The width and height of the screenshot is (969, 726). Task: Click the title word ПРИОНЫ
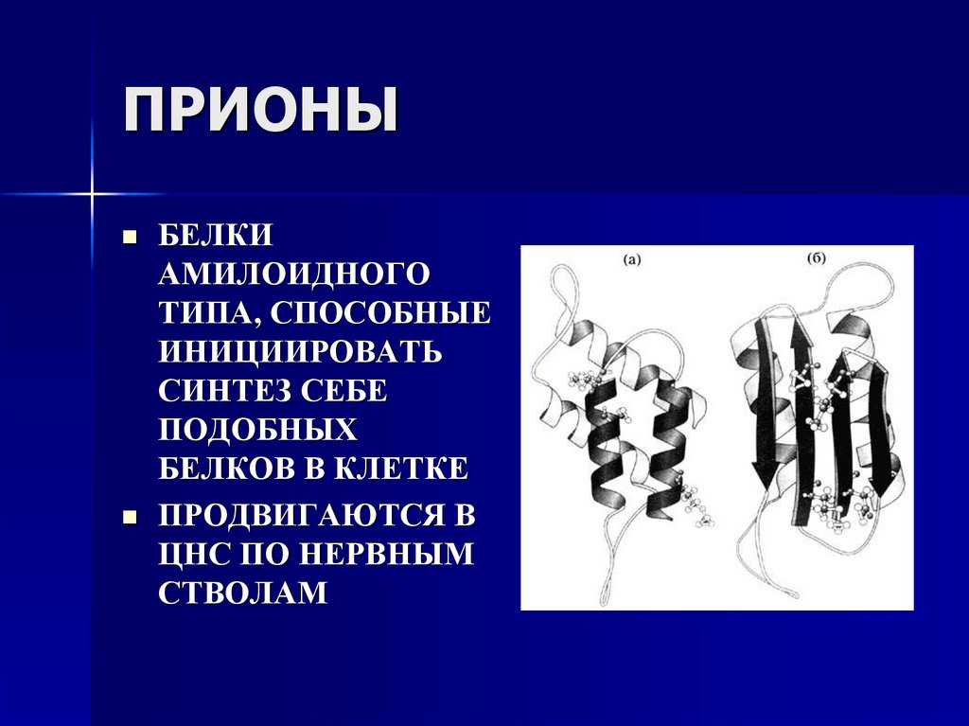[x=261, y=112]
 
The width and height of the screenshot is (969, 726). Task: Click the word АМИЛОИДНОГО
[x=293, y=274]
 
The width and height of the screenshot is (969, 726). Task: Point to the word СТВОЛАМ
[x=242, y=593]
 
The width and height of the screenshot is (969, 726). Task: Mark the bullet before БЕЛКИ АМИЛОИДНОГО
[x=132, y=235]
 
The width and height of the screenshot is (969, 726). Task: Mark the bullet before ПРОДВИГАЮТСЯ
[x=132, y=516]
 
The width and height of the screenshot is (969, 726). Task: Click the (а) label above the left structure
[x=632, y=260]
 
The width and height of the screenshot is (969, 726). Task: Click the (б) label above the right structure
[x=818, y=257]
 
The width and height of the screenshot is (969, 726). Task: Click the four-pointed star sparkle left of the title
[x=92, y=193]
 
